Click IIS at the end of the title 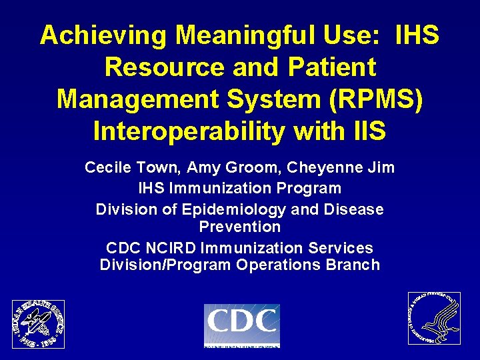370,131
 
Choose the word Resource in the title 162,67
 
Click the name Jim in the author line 381,168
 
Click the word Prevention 240,227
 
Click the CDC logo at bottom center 241,325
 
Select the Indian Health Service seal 39,323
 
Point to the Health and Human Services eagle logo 434,318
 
